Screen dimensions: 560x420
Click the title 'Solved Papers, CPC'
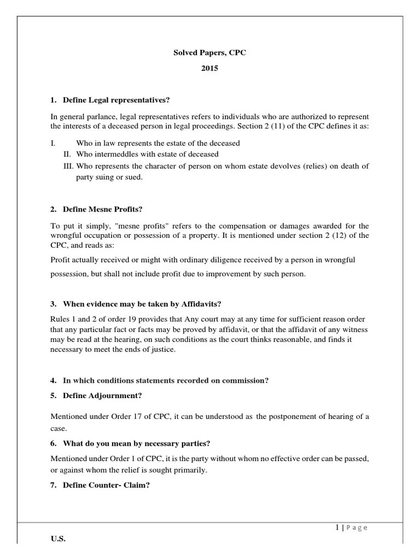tap(210, 52)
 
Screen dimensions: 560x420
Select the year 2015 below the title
tap(210, 68)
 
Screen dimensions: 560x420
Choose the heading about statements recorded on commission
tap(166, 380)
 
